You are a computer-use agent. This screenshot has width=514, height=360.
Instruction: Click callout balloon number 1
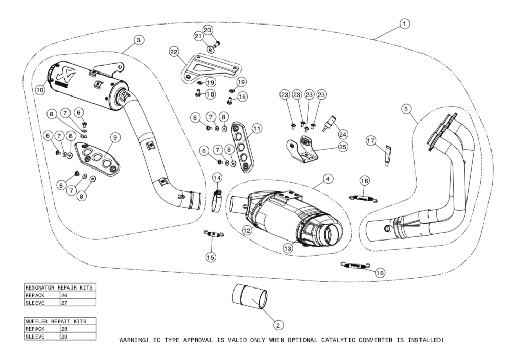pyautogui.click(x=404, y=23)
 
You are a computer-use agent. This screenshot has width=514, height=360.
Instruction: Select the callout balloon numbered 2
pyautogui.click(x=277, y=324)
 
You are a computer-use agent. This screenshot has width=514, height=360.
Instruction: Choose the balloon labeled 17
pyautogui.click(x=371, y=139)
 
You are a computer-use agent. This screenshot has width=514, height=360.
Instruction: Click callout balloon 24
pyautogui.click(x=343, y=134)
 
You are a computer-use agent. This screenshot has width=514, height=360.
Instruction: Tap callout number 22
pyautogui.click(x=174, y=52)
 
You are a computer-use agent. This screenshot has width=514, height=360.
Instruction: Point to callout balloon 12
pyautogui.click(x=247, y=230)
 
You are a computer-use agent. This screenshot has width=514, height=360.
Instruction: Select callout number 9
pyautogui.click(x=114, y=137)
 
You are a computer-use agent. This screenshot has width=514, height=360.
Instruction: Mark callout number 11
pyautogui.click(x=256, y=129)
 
